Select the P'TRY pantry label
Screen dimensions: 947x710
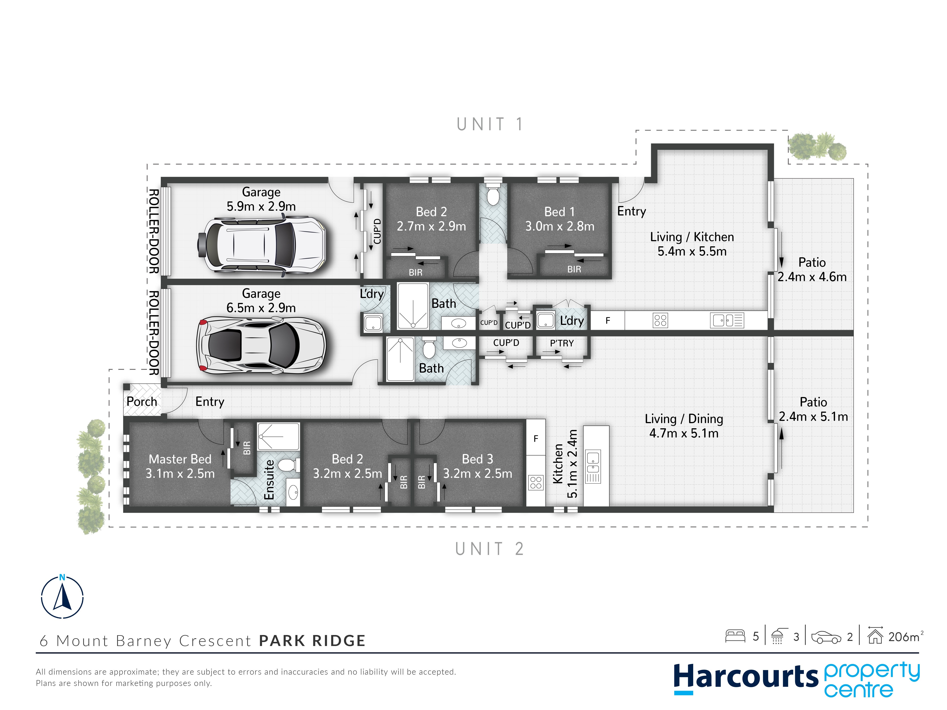coord(562,343)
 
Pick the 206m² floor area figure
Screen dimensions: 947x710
coord(906,637)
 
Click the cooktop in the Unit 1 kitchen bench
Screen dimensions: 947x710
coord(660,320)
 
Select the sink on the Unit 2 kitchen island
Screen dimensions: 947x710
coord(593,467)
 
